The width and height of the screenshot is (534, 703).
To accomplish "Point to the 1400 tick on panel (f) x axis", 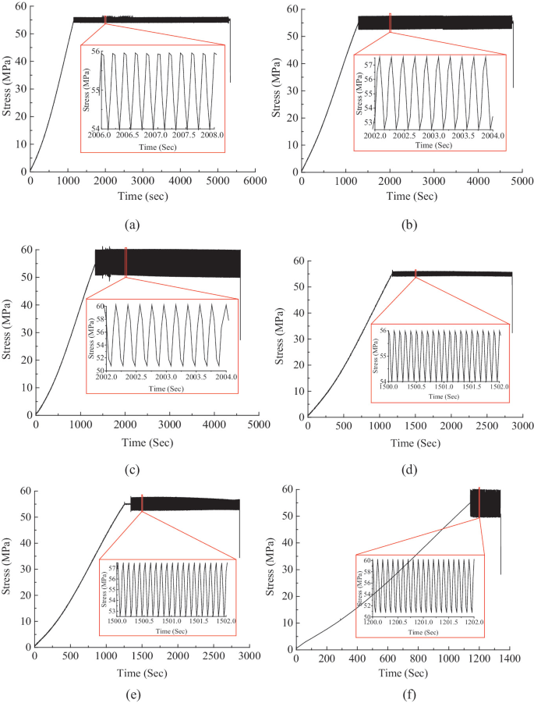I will (509, 659).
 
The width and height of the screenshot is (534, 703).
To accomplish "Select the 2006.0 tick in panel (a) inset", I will (98, 134).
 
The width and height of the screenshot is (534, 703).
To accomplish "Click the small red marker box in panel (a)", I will (104, 19).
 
